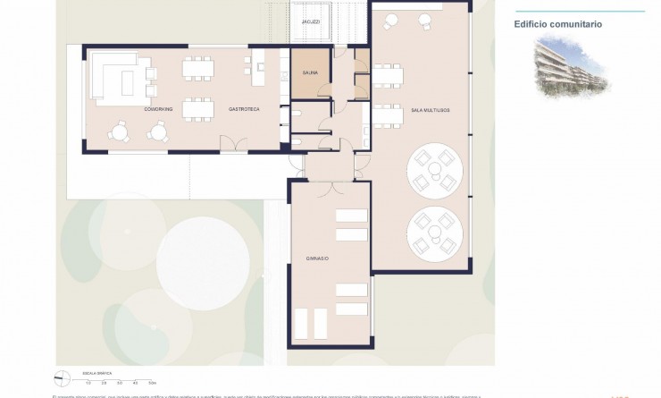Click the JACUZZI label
point(310,21)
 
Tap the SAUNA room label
point(310,74)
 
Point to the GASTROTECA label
point(243,108)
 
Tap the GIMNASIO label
point(316,258)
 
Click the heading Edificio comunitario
point(557,24)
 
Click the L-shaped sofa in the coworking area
point(112,76)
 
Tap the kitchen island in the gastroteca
point(260,74)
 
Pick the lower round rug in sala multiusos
point(434,233)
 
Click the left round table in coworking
point(119,131)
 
